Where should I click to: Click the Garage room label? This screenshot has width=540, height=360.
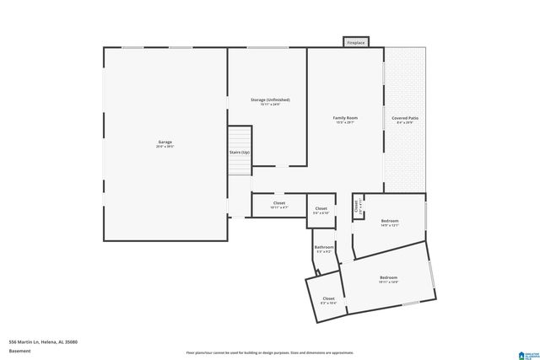[x=165, y=142]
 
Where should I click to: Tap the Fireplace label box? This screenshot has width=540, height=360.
[x=355, y=42]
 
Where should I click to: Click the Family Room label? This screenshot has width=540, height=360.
[x=345, y=118]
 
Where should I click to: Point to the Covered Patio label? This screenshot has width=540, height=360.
[x=405, y=118]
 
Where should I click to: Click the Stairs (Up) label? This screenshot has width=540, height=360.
[x=240, y=153]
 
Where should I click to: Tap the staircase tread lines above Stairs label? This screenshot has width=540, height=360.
[x=240, y=136]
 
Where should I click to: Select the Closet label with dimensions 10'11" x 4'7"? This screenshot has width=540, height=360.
[x=278, y=203]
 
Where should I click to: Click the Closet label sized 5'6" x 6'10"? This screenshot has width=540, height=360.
[x=321, y=208]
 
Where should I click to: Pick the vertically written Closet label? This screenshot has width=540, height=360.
[x=356, y=204]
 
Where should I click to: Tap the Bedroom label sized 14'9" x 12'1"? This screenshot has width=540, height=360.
[x=389, y=221]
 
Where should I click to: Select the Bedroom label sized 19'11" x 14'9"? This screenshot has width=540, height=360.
[x=388, y=277]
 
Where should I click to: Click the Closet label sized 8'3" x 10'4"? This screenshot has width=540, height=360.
[x=328, y=298]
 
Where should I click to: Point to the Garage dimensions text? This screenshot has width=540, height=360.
[x=165, y=147]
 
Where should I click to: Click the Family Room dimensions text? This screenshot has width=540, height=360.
[x=345, y=123]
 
